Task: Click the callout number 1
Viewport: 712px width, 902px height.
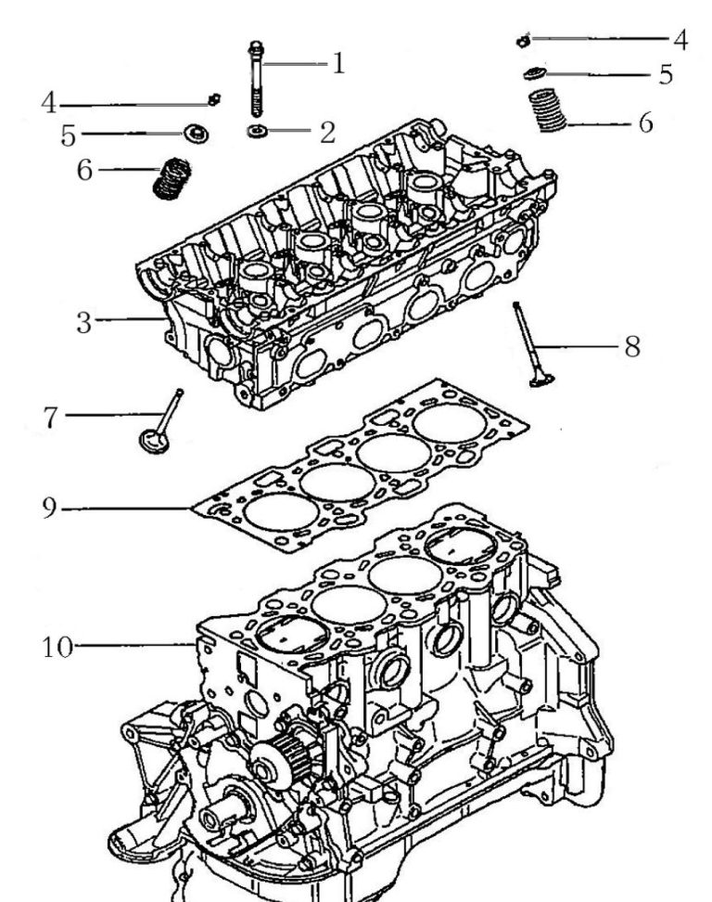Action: click(339, 64)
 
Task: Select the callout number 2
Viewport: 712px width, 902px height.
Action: click(327, 132)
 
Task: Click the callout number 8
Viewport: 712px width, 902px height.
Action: click(632, 346)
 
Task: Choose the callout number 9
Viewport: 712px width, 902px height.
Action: click(50, 508)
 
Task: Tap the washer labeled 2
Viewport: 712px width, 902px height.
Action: click(257, 131)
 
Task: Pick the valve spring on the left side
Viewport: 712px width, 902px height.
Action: click(169, 178)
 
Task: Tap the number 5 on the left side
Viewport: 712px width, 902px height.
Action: click(68, 135)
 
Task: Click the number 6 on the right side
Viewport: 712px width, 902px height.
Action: click(645, 122)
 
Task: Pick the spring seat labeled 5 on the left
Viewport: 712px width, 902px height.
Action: click(196, 134)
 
